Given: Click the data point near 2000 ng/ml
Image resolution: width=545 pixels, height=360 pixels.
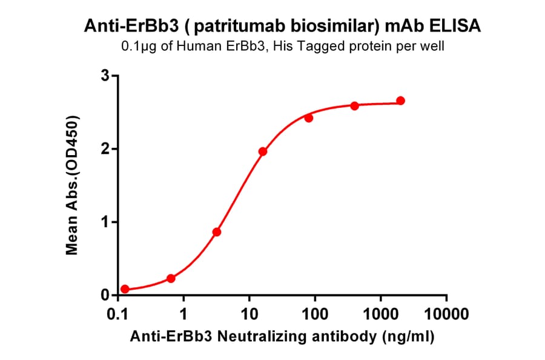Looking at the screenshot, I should click(400, 101).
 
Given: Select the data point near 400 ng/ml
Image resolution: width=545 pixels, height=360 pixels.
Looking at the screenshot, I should click(354, 105).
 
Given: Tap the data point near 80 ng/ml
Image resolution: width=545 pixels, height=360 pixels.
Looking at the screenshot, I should click(308, 118).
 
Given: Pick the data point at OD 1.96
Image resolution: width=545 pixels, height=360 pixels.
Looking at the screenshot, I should click(263, 152).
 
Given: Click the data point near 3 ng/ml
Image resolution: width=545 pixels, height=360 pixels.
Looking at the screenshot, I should click(217, 232).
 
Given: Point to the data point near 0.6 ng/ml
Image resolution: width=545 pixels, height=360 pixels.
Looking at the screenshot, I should click(171, 278).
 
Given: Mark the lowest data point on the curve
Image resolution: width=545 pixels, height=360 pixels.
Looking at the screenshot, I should click(125, 289).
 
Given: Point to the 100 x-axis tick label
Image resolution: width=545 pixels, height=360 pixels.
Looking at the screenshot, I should click(315, 315).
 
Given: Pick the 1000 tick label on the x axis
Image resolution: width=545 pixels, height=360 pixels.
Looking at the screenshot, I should click(381, 315).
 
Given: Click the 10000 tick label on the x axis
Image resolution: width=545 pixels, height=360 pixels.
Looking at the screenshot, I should click(446, 315).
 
